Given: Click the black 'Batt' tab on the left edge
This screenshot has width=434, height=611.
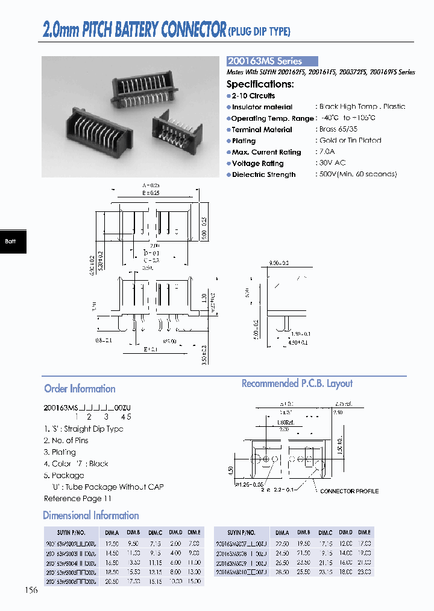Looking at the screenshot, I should (12, 241).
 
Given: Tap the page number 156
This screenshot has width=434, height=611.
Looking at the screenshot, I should (31, 590).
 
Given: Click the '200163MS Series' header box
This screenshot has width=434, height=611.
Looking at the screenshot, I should (272, 61).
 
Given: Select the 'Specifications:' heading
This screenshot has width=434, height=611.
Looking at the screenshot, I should (260, 84).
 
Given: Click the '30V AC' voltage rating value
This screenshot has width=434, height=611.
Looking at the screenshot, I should (332, 163).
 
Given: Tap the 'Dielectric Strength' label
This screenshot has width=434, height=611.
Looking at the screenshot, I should (263, 174).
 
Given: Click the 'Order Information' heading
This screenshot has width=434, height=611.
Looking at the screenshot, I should (80, 389).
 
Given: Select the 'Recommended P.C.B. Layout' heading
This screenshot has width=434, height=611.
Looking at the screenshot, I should (297, 383).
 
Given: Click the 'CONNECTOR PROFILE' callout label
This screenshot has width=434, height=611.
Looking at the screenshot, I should (349, 491).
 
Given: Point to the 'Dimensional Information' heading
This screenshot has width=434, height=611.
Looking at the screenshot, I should (91, 516).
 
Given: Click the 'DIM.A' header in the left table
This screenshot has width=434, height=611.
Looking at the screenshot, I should (112, 533).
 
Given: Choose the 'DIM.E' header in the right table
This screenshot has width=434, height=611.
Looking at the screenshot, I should (364, 533).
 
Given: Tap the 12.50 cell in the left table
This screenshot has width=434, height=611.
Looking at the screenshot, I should (112, 543).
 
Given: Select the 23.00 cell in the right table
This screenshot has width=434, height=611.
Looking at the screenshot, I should (364, 572).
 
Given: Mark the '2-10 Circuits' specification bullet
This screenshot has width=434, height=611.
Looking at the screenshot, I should (253, 95).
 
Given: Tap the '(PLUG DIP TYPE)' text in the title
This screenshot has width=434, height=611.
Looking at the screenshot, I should (259, 31).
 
